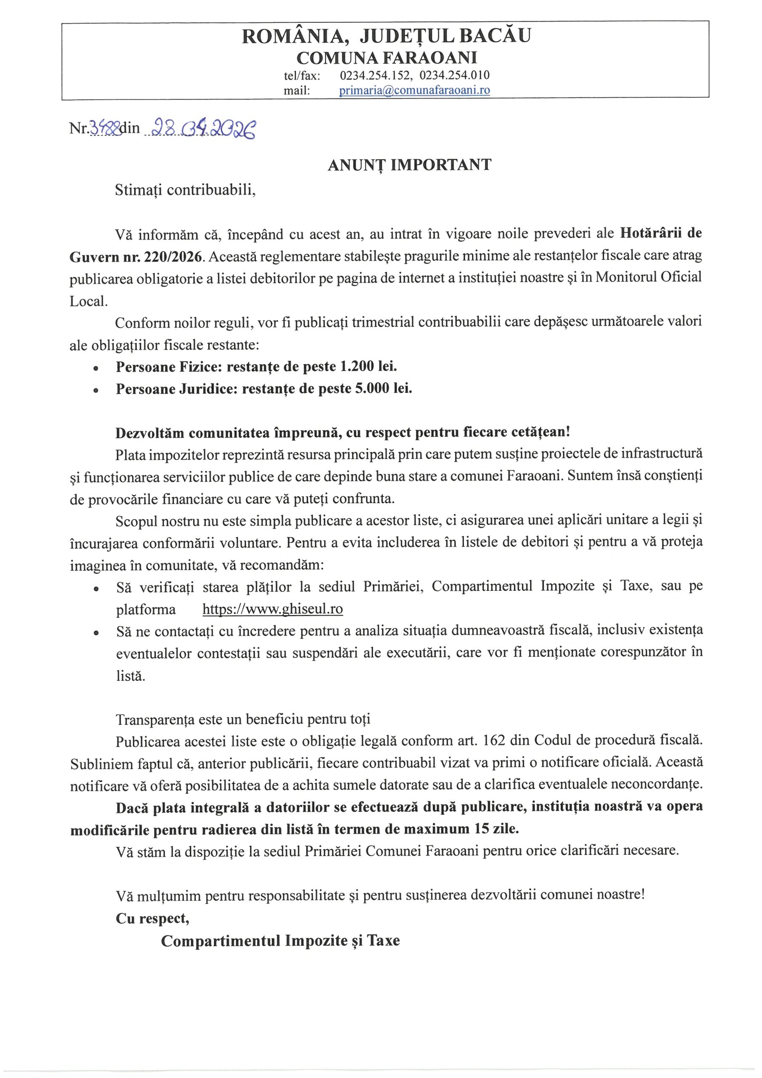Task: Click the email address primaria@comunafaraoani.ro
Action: [x=414, y=91]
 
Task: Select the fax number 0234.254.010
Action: [x=455, y=75]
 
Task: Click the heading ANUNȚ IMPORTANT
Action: [x=409, y=165]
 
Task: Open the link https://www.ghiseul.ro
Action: [x=273, y=609]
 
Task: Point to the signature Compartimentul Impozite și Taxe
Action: [x=280, y=941]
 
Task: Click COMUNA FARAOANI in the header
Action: [x=387, y=58]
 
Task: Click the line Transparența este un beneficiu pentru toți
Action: [x=243, y=719]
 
